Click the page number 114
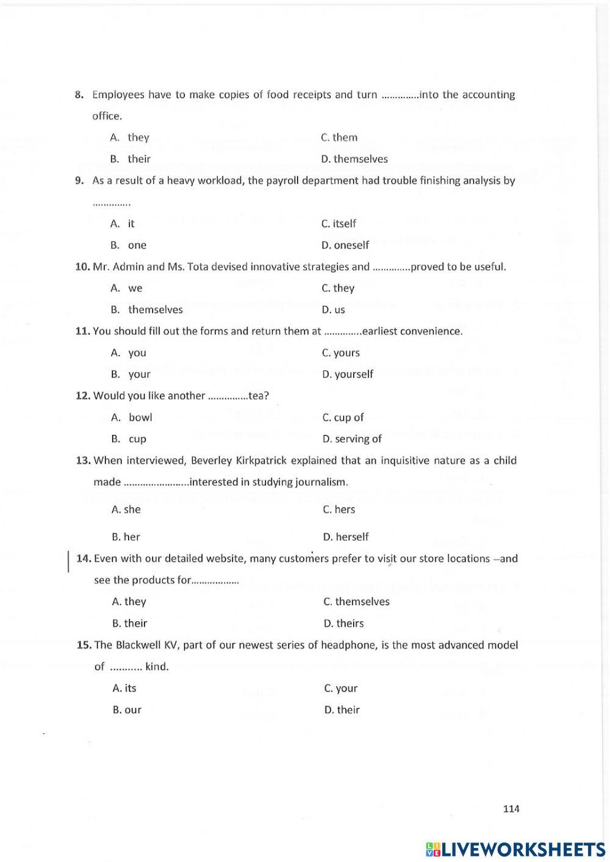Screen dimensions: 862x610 click(511, 808)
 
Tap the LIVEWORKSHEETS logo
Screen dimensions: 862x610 click(515, 849)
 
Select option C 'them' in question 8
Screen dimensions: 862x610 click(339, 137)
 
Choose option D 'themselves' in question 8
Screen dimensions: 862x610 click(354, 159)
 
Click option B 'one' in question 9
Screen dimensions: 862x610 click(129, 245)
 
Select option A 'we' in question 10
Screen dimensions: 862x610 click(127, 288)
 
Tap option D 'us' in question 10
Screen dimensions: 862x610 click(333, 310)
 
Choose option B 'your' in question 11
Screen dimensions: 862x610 click(131, 375)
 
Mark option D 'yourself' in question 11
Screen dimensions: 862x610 click(348, 374)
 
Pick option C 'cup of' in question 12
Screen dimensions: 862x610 click(343, 417)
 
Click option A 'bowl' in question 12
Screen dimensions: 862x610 click(132, 417)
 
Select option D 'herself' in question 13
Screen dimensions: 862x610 click(346, 537)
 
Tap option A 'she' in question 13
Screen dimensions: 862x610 click(126, 509)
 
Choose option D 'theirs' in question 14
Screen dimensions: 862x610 click(343, 623)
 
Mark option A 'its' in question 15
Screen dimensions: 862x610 click(124, 688)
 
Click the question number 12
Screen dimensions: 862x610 click(83, 396)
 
